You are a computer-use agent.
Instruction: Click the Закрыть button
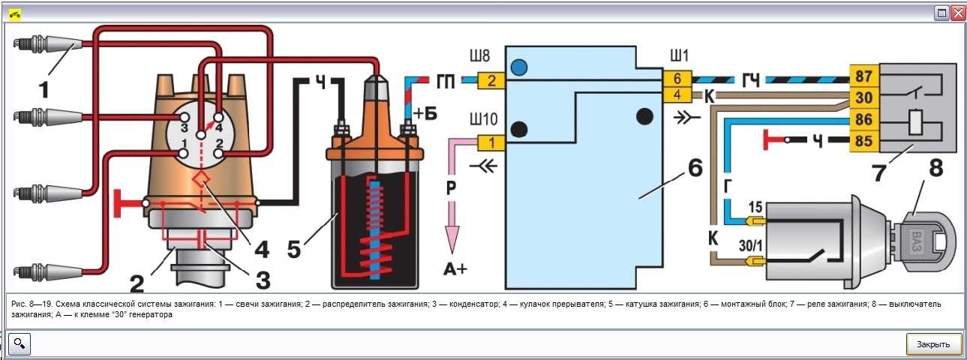pyautogui.click(x=933, y=344)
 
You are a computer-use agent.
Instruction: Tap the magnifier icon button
pyautogui.click(x=20, y=344)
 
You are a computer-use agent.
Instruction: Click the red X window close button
pyautogui.click(x=957, y=13)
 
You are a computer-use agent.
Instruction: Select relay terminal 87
pyautogui.click(x=863, y=76)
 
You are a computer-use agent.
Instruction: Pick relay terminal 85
pyautogui.click(x=863, y=141)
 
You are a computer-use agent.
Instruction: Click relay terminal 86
pyautogui.click(x=863, y=119)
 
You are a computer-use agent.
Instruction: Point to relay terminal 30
pyautogui.click(x=863, y=98)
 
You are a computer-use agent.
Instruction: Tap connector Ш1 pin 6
pyautogui.click(x=677, y=79)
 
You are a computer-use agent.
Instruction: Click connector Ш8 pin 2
pyautogui.click(x=491, y=80)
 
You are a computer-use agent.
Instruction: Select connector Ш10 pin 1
pyautogui.click(x=491, y=143)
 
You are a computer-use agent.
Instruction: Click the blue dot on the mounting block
pyautogui.click(x=519, y=67)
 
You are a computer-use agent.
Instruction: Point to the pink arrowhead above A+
pyautogui.click(x=452, y=239)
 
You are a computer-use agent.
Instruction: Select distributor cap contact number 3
pyautogui.click(x=185, y=117)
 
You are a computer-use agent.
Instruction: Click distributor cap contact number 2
pyautogui.click(x=219, y=153)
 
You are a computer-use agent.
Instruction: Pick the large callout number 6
pyautogui.click(x=695, y=167)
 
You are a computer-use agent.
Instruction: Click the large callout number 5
pyautogui.click(x=294, y=249)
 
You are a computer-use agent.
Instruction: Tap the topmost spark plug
pyautogui.click(x=47, y=43)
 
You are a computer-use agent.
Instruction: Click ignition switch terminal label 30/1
pyautogui.click(x=750, y=246)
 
